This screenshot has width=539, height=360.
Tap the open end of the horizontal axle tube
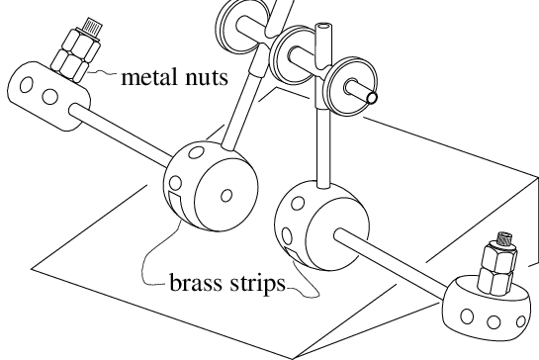[x=374, y=98]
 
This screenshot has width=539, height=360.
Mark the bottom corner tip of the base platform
[x=291, y=354]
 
